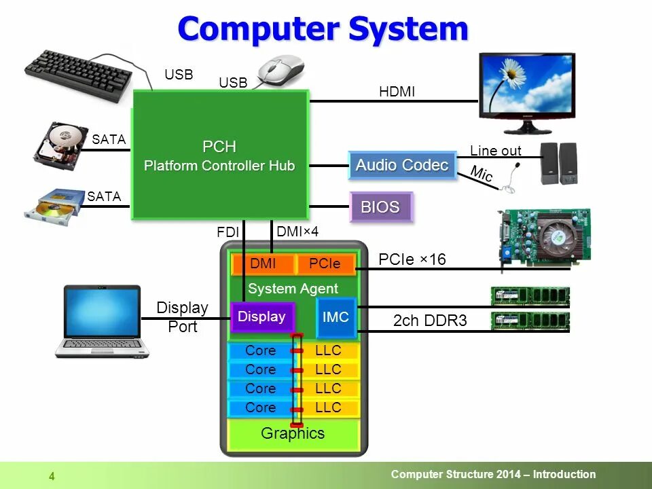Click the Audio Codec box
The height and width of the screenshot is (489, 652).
tap(402, 165)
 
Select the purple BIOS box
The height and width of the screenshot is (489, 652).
tap(381, 207)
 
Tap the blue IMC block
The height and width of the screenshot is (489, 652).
tap(336, 317)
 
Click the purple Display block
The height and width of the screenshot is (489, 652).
tap(261, 316)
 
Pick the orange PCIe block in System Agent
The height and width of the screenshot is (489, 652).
tap(325, 264)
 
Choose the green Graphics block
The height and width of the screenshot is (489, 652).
tap(293, 434)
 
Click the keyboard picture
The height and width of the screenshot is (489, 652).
tap(78, 75)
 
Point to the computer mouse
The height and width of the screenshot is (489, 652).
tap(280, 70)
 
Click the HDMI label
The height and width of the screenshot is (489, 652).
tap(397, 92)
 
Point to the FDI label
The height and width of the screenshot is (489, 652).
tap(228, 232)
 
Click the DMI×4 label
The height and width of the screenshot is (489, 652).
tap(297, 232)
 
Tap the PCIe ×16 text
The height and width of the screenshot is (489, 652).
tap(412, 259)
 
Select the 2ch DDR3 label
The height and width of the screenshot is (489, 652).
tap(430, 321)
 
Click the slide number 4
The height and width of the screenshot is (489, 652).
tap(52, 476)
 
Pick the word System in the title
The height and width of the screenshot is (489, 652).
tap(408, 29)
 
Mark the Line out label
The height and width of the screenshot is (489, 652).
tap(495, 151)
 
